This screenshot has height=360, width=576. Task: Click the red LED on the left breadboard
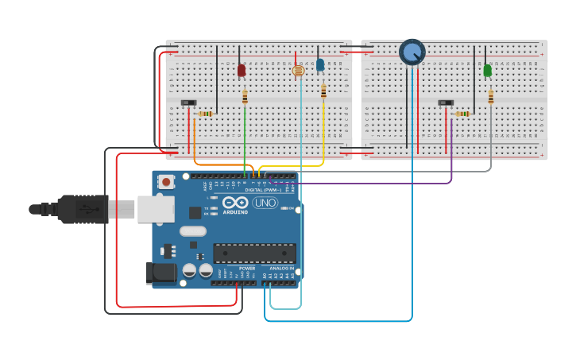tap(242, 71)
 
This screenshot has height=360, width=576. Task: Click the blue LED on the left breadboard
tap(320, 65)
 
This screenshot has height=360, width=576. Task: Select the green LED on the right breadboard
tap(487, 71)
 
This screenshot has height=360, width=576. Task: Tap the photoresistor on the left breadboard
tap(298, 71)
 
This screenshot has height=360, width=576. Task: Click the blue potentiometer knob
tap(412, 52)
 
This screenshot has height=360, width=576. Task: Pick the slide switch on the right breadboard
tap(446, 103)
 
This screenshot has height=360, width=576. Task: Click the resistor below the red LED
tap(245, 97)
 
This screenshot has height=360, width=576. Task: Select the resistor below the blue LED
tap(323, 91)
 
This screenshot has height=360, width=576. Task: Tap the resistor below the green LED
tap(491, 97)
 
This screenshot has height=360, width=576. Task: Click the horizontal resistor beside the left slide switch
tap(206, 114)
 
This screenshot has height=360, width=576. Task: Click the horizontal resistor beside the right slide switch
tap(462, 114)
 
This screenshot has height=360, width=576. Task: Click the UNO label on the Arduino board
tap(265, 203)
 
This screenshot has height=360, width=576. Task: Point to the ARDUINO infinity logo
tap(235, 202)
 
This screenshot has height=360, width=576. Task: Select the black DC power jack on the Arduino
tap(160, 273)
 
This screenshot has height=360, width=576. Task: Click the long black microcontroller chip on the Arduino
tap(254, 254)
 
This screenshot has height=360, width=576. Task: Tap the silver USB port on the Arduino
tap(156, 209)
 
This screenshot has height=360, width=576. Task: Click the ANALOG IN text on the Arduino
tap(281, 269)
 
